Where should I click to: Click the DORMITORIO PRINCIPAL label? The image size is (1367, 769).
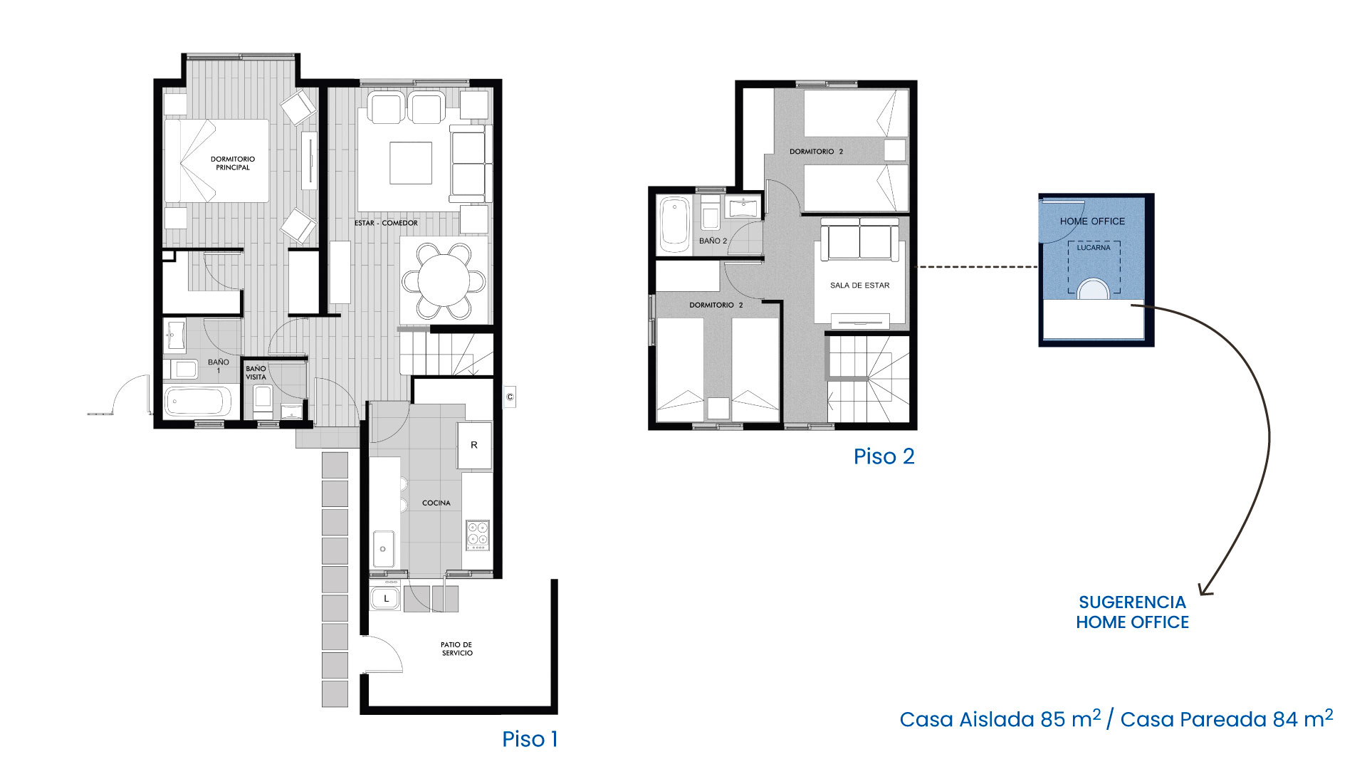coord(232,163)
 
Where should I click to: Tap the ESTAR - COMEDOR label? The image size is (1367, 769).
coord(386,223)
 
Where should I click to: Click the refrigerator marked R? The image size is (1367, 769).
coord(474,446)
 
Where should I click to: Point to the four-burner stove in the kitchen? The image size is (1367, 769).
coord(478,535)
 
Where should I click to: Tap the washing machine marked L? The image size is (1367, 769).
coord(386,597)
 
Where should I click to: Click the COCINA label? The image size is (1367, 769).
coord(436,503)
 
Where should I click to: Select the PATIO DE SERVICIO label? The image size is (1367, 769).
coord(456,649)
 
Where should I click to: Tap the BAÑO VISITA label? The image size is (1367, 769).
coord(256,373)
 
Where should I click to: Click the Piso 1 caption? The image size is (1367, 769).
coord(530,739)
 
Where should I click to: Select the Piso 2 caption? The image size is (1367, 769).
coord(884,456)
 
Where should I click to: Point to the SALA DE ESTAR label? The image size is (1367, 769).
coord(859,286)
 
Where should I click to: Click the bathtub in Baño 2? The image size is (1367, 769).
coord(674,224)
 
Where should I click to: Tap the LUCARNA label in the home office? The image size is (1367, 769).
coord(1094,248)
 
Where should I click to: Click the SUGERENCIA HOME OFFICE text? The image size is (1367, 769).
coord(1132,612)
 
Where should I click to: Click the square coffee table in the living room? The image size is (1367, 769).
coord(411,163)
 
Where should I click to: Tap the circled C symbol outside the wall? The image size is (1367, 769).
coord(510,397)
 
